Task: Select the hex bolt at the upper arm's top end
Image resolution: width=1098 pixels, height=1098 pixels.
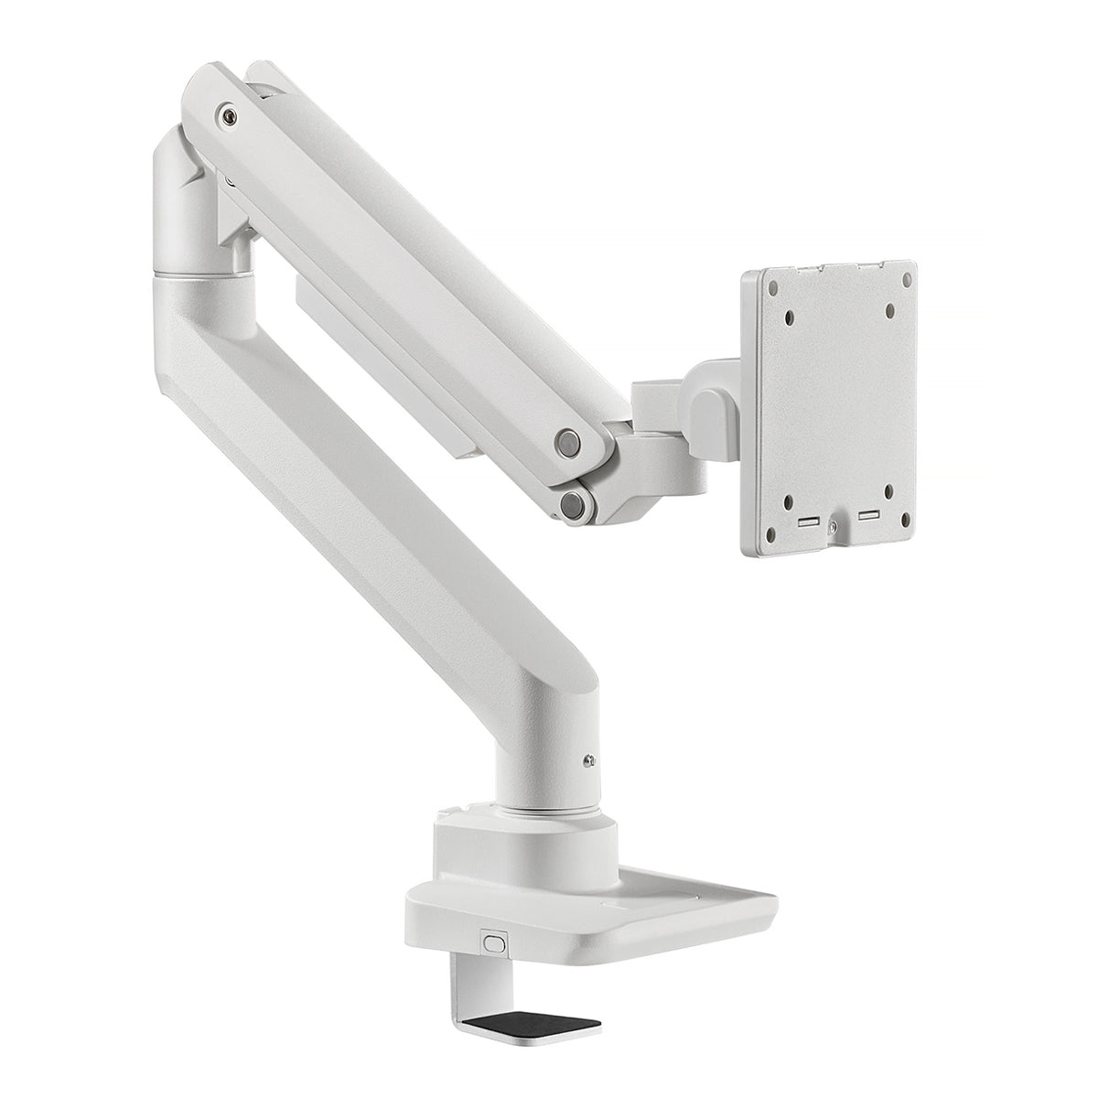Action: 225,115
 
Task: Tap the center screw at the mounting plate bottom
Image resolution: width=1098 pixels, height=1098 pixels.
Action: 833,526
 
